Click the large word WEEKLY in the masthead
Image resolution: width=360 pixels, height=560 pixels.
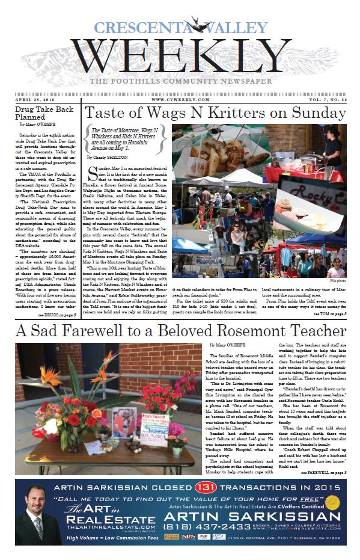(180, 52)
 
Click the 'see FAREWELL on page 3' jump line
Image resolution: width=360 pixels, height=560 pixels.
(323, 473)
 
